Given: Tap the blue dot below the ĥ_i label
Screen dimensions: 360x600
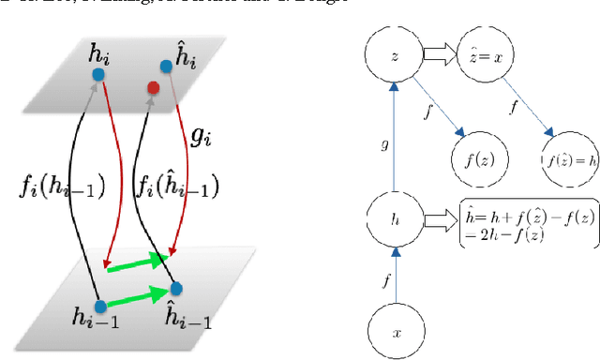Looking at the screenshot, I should click(166, 66).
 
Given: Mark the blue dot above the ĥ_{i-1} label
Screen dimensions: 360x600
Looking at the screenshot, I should click(174, 287).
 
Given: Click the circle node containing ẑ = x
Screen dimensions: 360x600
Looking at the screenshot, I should click(486, 56).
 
